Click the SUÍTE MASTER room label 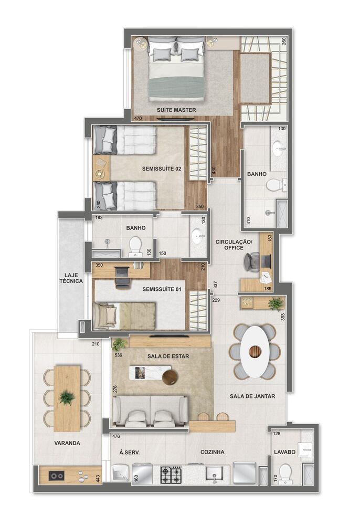pyautogui.click(x=176, y=110)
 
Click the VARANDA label pyautogui.click(x=67, y=443)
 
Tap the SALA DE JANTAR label pyautogui.click(x=252, y=397)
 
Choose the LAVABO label pyautogui.click(x=284, y=452)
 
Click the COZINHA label pyautogui.click(x=213, y=452)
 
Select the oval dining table pyautogui.click(x=254, y=351)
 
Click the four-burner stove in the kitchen pyautogui.click(x=171, y=475)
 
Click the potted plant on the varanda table pyautogui.click(x=67, y=397)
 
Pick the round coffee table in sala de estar pyautogui.click(x=170, y=377)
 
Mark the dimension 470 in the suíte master pyautogui.click(x=138, y=119)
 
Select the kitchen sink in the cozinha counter pyautogui.click(x=214, y=475)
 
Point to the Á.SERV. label pyautogui.click(x=129, y=452)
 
